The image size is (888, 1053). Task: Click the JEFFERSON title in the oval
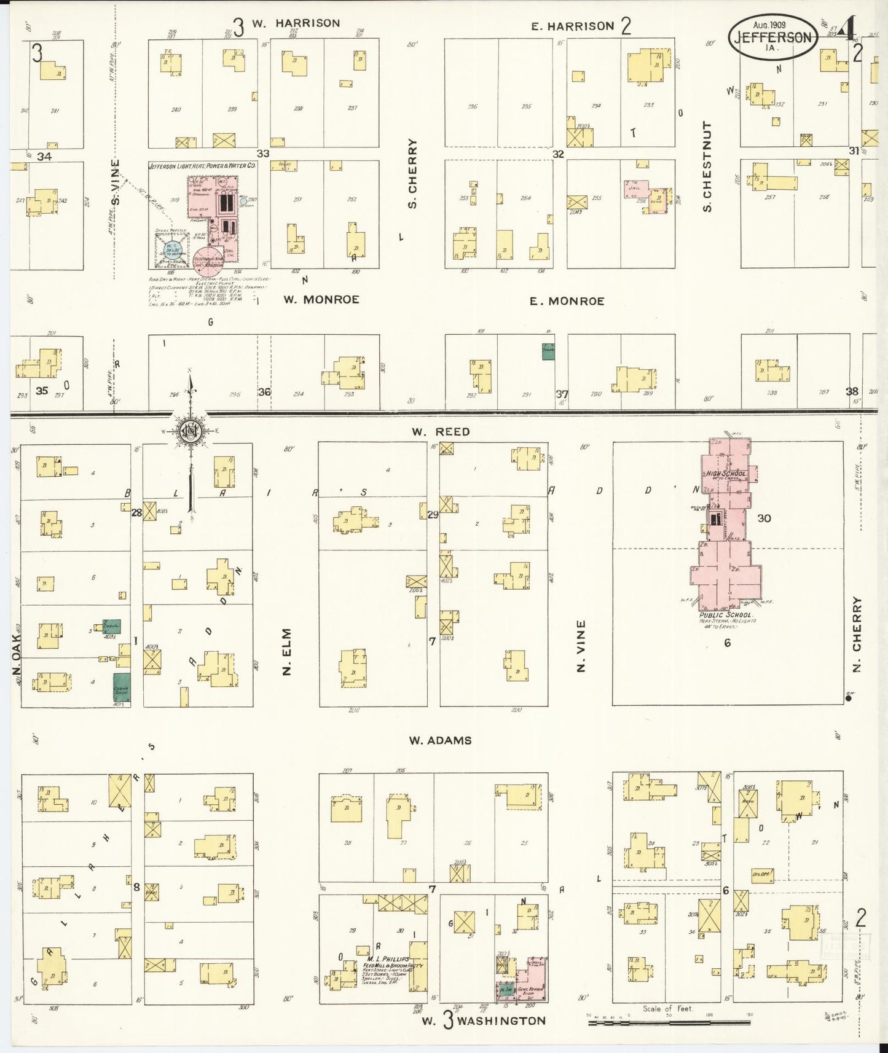click(773, 37)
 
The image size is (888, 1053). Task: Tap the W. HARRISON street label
click(296, 23)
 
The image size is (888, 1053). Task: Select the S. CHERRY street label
click(412, 173)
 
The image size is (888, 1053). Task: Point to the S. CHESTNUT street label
click(707, 166)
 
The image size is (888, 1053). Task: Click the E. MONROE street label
click(567, 301)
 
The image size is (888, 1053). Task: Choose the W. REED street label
click(441, 432)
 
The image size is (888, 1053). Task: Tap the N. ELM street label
click(287, 651)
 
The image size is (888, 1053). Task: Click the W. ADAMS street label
click(440, 740)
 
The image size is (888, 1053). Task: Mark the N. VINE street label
click(581, 645)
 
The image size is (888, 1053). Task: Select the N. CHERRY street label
click(857, 633)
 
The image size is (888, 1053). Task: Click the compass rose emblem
click(191, 430)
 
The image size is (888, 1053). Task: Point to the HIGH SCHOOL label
click(726, 474)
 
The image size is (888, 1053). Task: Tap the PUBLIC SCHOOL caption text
click(725, 614)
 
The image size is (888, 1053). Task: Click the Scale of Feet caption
click(667, 1008)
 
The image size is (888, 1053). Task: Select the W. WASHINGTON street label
click(484, 1020)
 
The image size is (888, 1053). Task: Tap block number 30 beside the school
click(764, 518)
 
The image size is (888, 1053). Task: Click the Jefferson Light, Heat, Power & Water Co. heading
click(202, 166)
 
